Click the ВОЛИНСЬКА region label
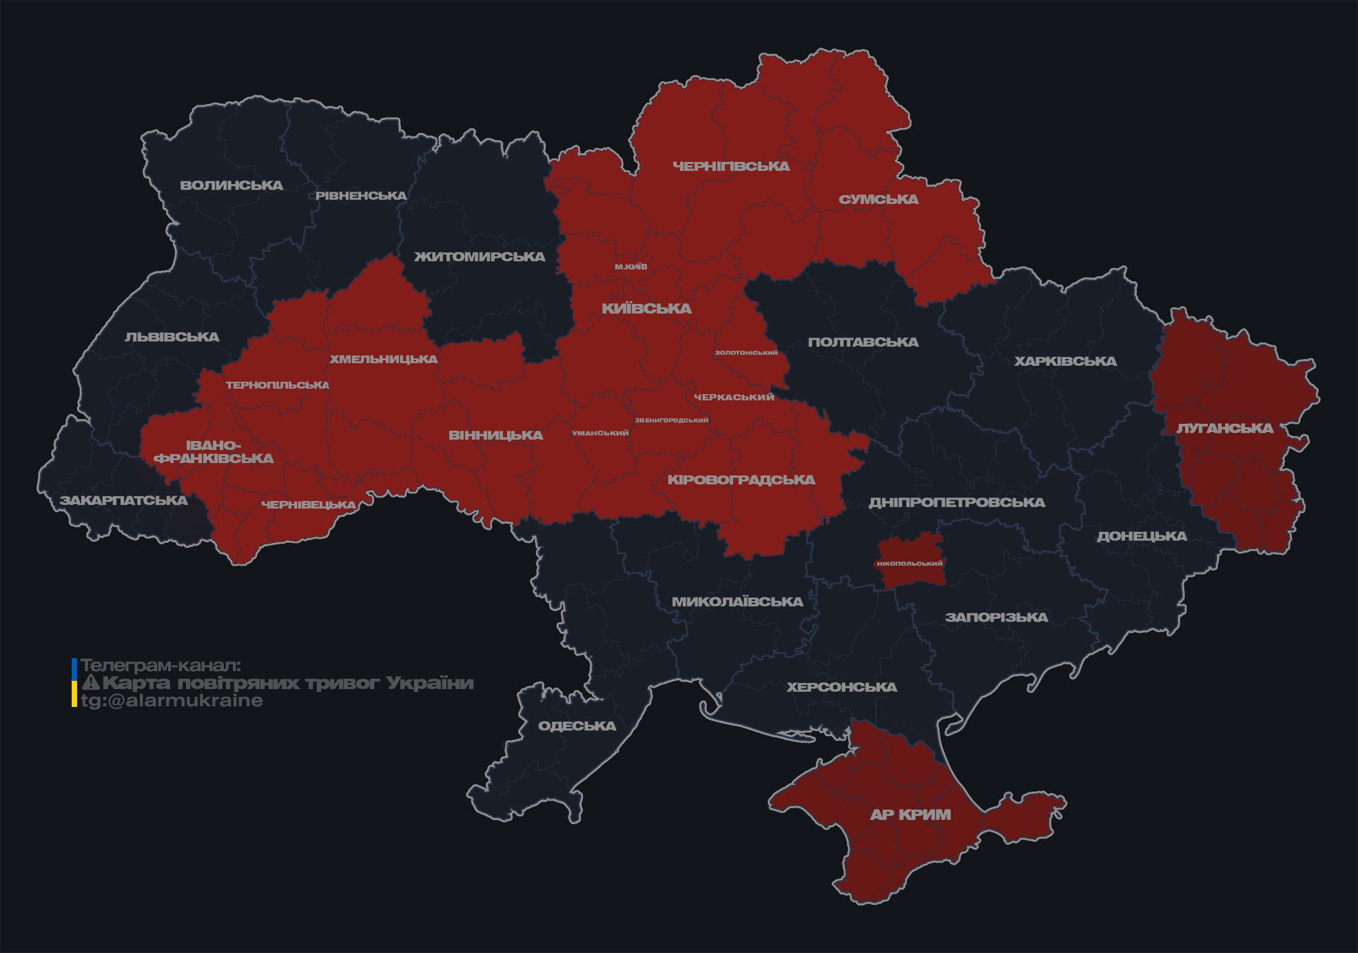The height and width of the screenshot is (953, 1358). pos(232,185)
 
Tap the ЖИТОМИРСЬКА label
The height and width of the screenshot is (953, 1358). pos(480,257)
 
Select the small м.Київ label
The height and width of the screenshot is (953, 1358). pos(630,267)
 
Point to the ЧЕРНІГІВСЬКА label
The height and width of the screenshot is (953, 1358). pos(731,167)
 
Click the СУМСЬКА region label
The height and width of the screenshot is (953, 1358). pos(878,200)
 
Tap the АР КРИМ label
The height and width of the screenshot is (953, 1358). pos(910,814)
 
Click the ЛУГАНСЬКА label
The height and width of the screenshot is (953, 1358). pos(1224,429)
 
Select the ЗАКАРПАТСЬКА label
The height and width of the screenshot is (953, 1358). pos(123,500)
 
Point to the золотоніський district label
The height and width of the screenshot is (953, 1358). pos(746,353)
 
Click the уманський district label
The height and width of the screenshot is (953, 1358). pos(600,433)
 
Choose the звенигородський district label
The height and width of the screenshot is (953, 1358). pos(671,420)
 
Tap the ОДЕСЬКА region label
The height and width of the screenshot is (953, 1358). pos(577,726)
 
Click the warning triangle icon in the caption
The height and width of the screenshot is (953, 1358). pos(90,683)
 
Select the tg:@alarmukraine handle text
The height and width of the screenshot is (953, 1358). pos(172,701)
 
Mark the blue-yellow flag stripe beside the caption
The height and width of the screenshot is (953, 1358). pos(74,683)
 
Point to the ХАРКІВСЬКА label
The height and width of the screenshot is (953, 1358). pos(1065,362)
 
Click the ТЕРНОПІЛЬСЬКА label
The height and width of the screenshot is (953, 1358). pos(277,385)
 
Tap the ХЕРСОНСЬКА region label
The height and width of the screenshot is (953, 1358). pos(841,688)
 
